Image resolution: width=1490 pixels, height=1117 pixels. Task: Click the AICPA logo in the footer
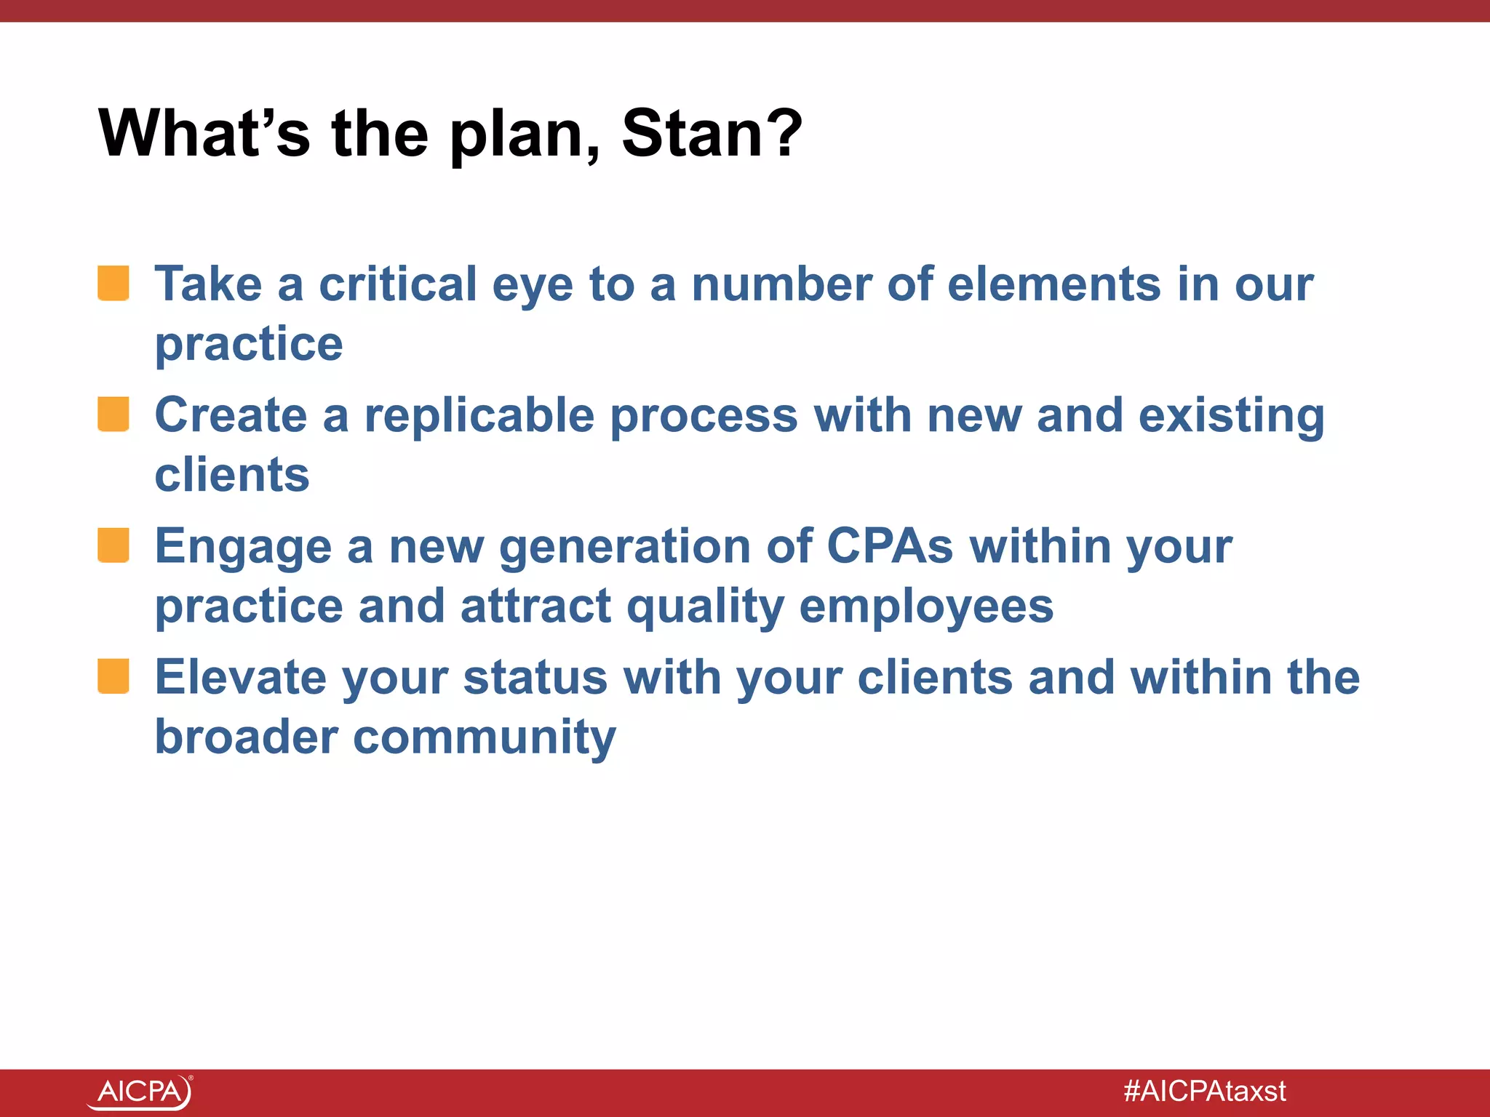pyautogui.click(x=140, y=1092)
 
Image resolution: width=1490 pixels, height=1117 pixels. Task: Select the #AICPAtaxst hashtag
pyautogui.click(x=1205, y=1092)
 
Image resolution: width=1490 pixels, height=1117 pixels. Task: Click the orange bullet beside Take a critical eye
pyautogui.click(x=113, y=283)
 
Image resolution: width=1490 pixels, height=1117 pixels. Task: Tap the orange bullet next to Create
pyautogui.click(x=113, y=414)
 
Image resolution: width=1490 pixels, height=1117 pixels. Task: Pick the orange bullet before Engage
pyautogui.click(x=113, y=545)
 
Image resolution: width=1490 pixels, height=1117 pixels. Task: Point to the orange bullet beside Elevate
pyautogui.click(x=113, y=676)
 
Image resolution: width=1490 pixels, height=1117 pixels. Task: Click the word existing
pyautogui.click(x=1231, y=417)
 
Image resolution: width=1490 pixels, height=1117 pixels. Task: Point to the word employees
pyautogui.click(x=926, y=607)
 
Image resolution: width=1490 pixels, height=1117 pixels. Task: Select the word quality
pyautogui.click(x=705, y=607)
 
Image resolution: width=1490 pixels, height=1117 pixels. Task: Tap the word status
pyautogui.click(x=535, y=678)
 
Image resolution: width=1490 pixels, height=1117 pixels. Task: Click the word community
pyautogui.click(x=485, y=737)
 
